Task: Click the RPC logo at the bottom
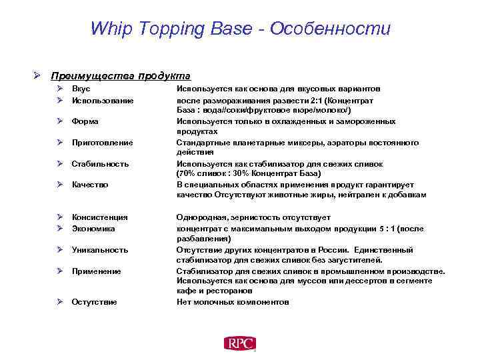pos(240,343)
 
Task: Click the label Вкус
pos(81,89)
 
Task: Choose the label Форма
pos(85,121)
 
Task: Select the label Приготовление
pos(102,143)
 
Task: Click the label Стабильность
pos(100,164)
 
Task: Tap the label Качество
pos(90,185)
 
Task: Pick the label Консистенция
pos(99,217)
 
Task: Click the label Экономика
pos(93,228)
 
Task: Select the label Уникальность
pos(100,249)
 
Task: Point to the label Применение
pos(96,271)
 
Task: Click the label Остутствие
pos(94,302)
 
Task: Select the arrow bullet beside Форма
pos(59,121)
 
